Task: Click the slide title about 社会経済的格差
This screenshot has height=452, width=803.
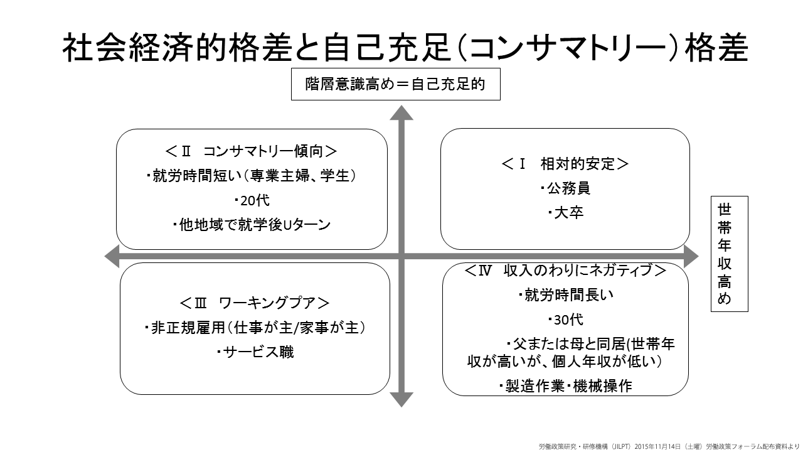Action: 405,48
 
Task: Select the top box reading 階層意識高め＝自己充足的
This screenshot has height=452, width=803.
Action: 395,84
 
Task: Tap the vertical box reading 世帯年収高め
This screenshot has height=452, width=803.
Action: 729,254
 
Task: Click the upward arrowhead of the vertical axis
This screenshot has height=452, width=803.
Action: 401,112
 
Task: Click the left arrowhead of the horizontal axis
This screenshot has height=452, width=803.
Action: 112,256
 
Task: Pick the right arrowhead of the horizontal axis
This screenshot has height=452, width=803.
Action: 691,256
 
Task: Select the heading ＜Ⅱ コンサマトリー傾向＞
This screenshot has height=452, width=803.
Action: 252,151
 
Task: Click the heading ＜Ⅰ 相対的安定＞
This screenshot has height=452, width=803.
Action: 565,164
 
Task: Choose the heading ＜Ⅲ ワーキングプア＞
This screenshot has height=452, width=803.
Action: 255,303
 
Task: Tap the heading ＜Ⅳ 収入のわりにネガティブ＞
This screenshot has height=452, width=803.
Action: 565,270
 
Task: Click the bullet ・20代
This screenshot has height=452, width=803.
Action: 252,200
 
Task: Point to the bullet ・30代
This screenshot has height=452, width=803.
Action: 566,320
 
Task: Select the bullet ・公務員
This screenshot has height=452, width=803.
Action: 565,188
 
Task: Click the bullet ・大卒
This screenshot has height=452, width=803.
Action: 566,213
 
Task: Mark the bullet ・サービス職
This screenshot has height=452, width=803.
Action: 255,352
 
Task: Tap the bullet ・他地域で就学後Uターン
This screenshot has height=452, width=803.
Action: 252,225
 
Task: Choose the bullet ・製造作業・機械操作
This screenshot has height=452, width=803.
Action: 565,386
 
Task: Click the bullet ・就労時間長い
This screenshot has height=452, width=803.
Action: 566,295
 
